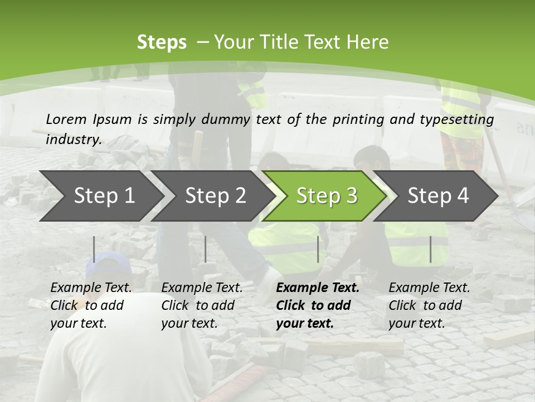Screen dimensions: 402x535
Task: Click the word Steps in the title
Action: [x=162, y=42]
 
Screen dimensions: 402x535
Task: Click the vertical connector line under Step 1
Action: [x=94, y=249]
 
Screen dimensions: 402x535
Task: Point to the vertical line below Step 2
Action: [x=206, y=249]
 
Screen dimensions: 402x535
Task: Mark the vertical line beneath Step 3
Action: [x=318, y=249]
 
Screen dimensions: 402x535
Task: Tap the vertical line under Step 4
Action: [x=431, y=249]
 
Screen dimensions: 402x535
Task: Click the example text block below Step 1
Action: [x=91, y=305]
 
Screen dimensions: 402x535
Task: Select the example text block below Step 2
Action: [x=202, y=305]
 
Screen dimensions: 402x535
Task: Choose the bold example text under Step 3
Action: [x=318, y=305]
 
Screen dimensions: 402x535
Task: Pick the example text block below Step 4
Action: [x=429, y=305]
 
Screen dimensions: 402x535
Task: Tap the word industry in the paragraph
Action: [x=74, y=139]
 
